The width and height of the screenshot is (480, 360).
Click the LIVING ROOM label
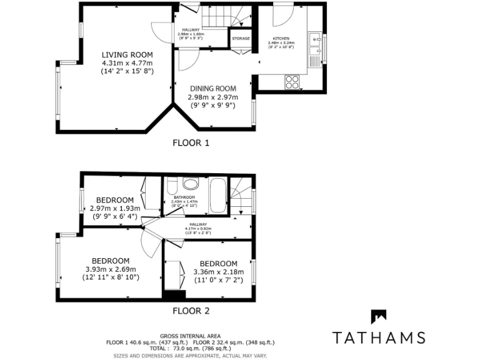pos(127,55)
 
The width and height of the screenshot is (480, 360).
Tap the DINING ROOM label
pos(213,89)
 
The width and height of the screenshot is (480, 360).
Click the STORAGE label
pos(241,39)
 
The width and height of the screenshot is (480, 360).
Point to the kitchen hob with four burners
pos(292,81)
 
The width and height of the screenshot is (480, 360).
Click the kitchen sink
pos(314,40)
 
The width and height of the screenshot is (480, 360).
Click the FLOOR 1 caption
pos(191,142)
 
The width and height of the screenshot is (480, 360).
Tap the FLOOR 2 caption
pos(191,311)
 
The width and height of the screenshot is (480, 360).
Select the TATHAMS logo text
pos(379,337)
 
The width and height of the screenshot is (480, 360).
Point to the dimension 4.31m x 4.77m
pos(127,63)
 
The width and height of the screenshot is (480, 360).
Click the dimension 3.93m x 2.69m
pos(111,269)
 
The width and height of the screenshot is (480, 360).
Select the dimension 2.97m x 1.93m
pos(114,208)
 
